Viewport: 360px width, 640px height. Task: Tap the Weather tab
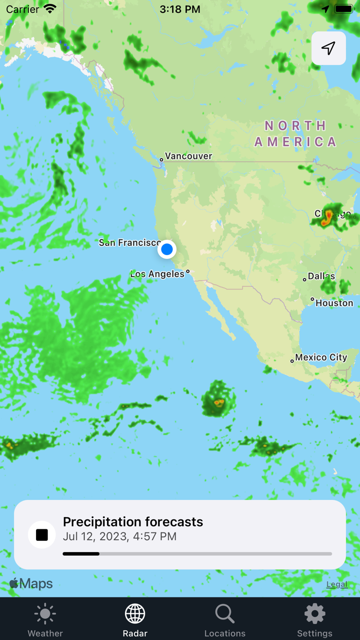coord(45,619)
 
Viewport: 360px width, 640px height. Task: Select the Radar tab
coord(135,619)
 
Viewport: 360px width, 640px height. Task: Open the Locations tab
coord(225,619)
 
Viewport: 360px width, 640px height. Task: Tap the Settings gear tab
coord(315,619)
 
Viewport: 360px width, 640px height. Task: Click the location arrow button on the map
coord(329,48)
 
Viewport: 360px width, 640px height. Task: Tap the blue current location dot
coord(167,250)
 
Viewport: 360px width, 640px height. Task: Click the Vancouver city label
coord(188,156)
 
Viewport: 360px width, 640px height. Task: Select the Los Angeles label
coord(157,274)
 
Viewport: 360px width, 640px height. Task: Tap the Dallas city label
coord(321,277)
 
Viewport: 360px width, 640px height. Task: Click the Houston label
coord(334,303)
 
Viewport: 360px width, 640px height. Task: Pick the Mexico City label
coord(321,358)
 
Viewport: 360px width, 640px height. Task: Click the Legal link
coord(337,584)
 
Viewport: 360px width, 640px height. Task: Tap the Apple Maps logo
coord(31,584)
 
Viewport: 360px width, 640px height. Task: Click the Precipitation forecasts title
coord(133,522)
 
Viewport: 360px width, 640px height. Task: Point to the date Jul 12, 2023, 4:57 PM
coord(119,537)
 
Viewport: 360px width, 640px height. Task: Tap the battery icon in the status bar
coord(344,9)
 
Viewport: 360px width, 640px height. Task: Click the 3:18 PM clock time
coord(180,9)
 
